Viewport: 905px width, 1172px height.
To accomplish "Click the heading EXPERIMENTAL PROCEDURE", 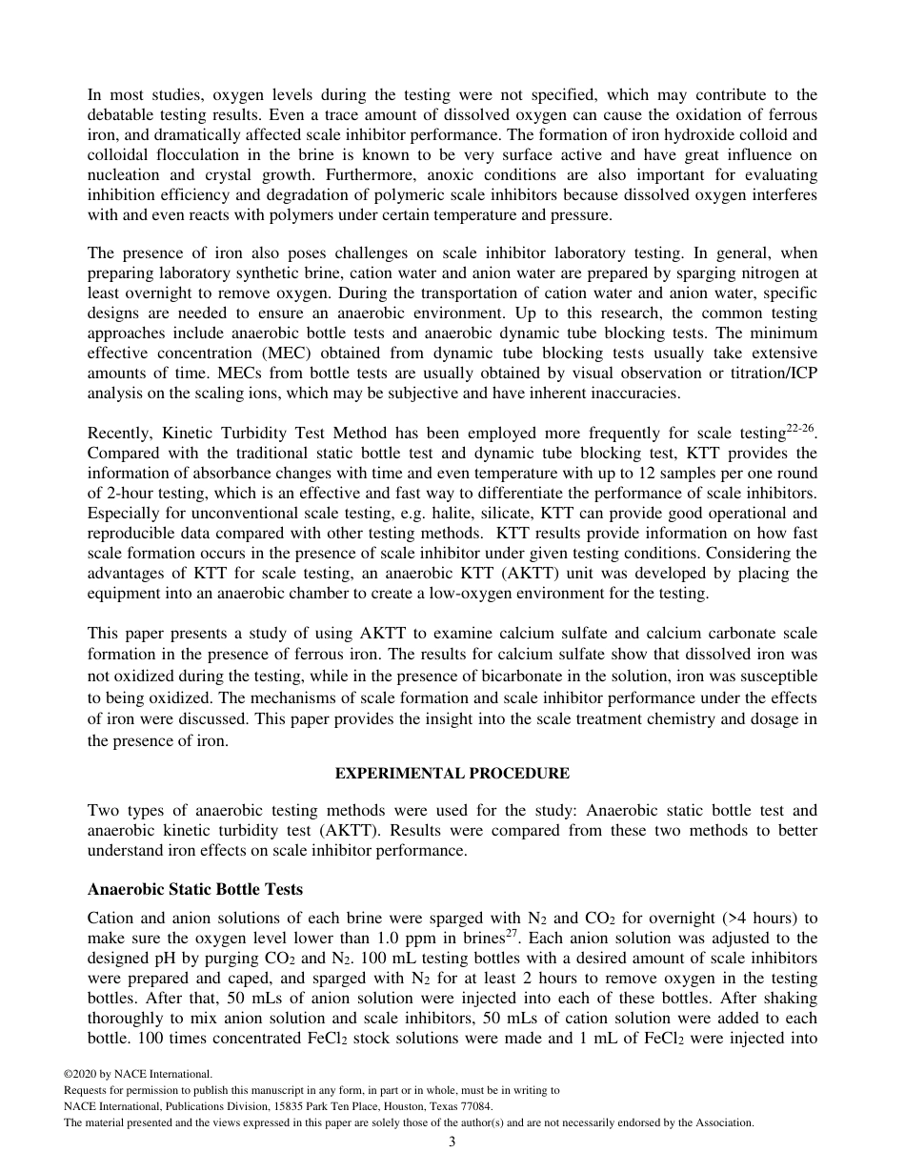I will [x=452, y=774].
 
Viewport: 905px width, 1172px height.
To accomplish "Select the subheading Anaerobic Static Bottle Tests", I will [x=194, y=889].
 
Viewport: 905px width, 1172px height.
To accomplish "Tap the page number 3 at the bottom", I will [x=452, y=1142].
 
